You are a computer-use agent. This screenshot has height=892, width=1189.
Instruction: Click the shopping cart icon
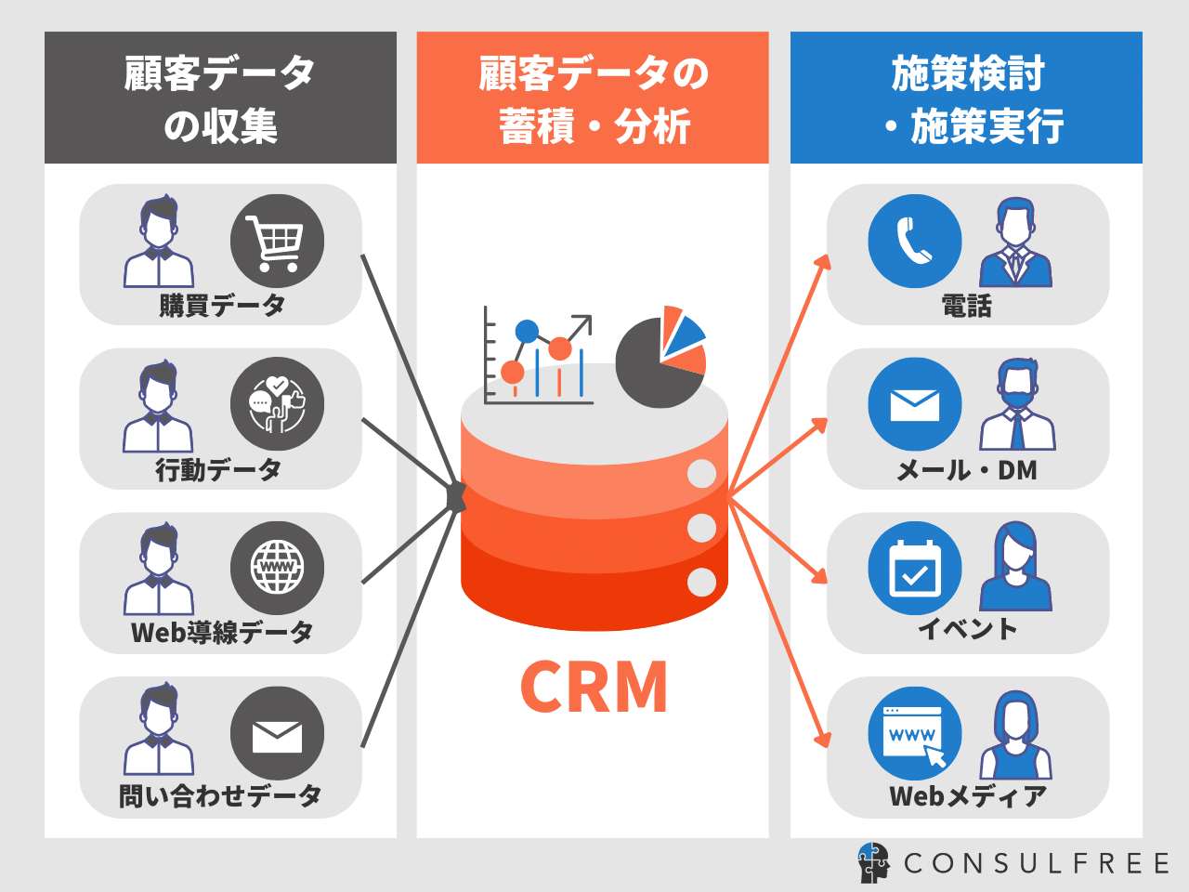[x=277, y=241]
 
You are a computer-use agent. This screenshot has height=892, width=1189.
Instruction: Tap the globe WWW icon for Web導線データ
[x=277, y=568]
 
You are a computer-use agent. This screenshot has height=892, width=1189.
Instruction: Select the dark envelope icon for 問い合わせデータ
[x=277, y=733]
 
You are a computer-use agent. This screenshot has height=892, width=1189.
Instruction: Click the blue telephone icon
[x=915, y=241]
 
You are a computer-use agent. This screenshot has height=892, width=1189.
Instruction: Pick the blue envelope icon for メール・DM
[x=915, y=404]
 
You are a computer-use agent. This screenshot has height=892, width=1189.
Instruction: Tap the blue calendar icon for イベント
[x=915, y=568]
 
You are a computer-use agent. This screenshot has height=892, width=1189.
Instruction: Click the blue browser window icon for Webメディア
[x=915, y=733]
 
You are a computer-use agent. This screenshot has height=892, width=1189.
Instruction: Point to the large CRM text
[x=594, y=688]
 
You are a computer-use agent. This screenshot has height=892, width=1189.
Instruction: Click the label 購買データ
[x=222, y=305]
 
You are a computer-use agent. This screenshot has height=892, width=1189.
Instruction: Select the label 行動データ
[x=218, y=469]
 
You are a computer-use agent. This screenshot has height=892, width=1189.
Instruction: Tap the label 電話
[x=967, y=306]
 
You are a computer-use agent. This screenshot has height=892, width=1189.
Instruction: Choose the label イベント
[x=967, y=629]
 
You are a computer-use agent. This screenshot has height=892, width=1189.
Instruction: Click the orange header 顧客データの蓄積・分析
[x=593, y=98]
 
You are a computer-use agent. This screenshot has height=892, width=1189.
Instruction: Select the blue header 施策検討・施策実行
[x=966, y=98]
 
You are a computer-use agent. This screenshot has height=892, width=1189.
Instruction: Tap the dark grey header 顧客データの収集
[x=220, y=98]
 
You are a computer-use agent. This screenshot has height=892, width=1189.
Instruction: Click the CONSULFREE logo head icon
[x=873, y=862]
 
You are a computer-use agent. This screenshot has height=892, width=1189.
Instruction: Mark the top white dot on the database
[x=701, y=473]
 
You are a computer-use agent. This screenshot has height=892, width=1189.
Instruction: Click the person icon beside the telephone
[x=1016, y=243]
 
